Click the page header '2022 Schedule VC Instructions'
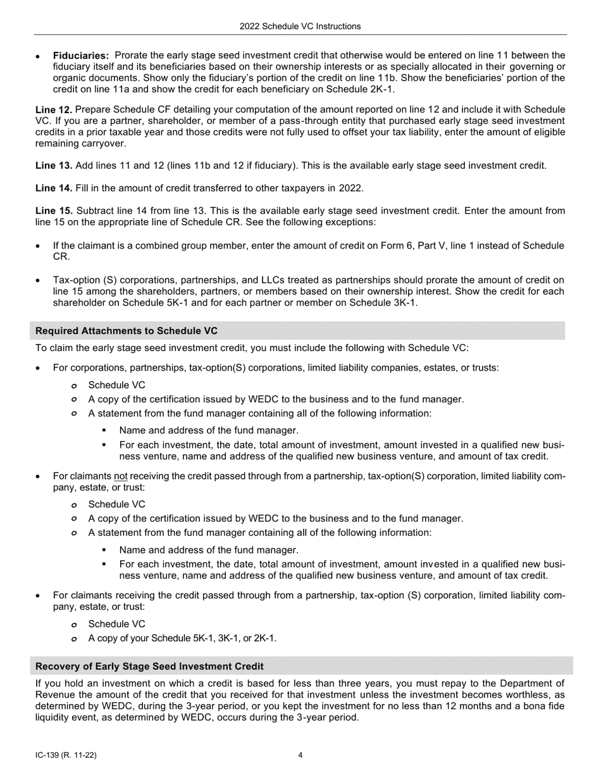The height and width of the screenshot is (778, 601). (x=300, y=27)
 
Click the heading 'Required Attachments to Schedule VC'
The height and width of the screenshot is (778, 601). (x=127, y=331)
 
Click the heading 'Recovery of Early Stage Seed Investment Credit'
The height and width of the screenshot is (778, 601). (x=149, y=667)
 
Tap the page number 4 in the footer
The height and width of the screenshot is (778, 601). (x=300, y=755)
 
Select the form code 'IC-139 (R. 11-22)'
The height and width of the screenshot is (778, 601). (x=66, y=755)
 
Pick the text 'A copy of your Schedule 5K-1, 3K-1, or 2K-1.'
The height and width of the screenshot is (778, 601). (x=182, y=638)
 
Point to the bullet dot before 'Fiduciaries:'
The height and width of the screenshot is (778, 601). (x=39, y=57)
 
